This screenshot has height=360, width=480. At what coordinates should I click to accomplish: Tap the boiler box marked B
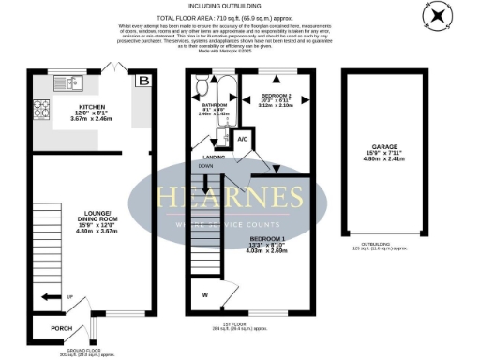pyautogui.click(x=143, y=82)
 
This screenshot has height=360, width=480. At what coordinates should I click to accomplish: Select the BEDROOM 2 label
pyautogui.click(x=275, y=96)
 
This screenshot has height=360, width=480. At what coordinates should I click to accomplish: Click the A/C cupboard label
pyautogui.click(x=241, y=139)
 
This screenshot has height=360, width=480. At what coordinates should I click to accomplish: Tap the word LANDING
pyautogui.click(x=201, y=157)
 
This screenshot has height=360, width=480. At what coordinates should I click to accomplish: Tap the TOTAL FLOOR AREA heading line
pyautogui.click(x=239, y=18)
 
